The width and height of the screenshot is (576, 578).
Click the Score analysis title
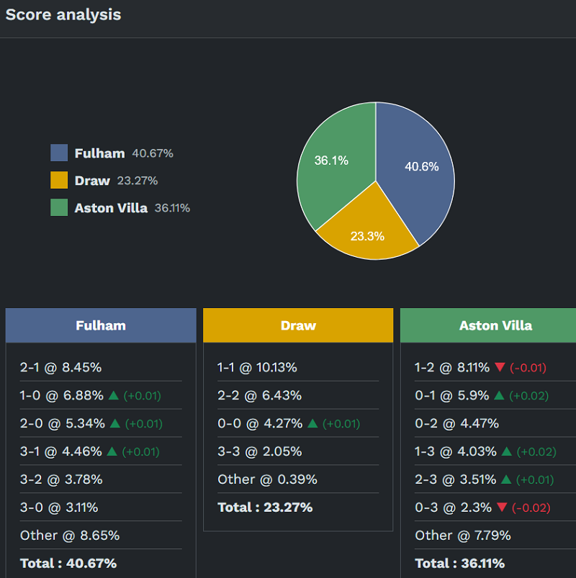point(63,14)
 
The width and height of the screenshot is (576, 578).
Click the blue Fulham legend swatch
point(59,153)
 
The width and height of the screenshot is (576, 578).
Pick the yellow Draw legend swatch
point(59,180)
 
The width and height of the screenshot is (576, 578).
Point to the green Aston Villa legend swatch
point(59,207)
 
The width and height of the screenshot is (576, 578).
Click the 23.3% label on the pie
point(367,235)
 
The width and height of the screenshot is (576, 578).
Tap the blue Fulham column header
point(101,325)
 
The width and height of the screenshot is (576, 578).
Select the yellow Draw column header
point(298,325)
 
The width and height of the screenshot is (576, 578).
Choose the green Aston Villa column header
point(495,325)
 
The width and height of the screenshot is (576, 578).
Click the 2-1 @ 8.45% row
point(60,367)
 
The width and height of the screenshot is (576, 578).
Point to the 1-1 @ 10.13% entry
point(257,367)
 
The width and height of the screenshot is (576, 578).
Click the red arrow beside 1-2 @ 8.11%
point(500,367)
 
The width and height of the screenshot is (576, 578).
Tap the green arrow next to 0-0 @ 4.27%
point(312,423)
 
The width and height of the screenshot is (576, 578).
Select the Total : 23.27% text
point(265,507)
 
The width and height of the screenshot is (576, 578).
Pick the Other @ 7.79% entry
point(462,536)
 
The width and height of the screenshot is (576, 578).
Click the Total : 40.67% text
point(68,563)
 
